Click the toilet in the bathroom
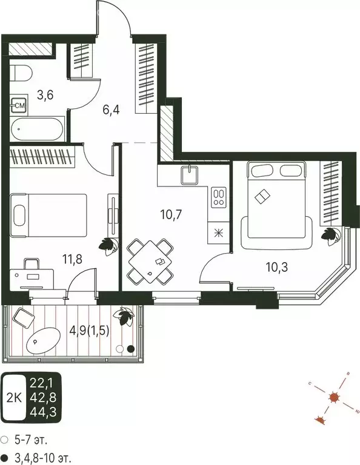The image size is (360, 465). click(x=22, y=73)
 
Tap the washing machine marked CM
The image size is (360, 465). click(x=19, y=105)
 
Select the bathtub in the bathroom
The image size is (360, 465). click(x=36, y=129)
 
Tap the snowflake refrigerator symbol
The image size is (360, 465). click(x=218, y=232)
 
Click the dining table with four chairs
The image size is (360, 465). click(x=148, y=261)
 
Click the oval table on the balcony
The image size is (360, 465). click(x=42, y=342)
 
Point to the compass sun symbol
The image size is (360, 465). click(x=333, y=398)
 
